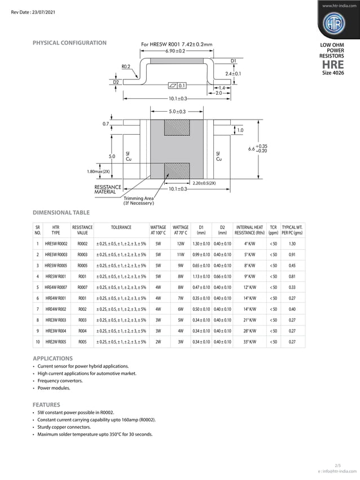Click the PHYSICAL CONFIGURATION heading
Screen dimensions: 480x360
click(x=69, y=43)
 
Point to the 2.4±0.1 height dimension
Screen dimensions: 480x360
click(x=233, y=74)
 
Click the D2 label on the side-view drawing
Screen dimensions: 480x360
click(x=116, y=82)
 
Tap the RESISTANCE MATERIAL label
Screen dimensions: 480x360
click(x=108, y=189)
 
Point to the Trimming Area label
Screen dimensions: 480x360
click(x=139, y=201)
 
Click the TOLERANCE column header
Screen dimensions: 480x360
click(x=121, y=227)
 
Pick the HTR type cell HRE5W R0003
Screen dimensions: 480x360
click(x=56, y=254)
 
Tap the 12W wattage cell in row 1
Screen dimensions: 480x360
click(x=181, y=243)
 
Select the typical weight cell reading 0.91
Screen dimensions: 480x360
click(x=292, y=254)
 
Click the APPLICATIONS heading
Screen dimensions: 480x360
click(x=53, y=358)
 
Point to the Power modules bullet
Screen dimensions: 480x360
click(x=54, y=388)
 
